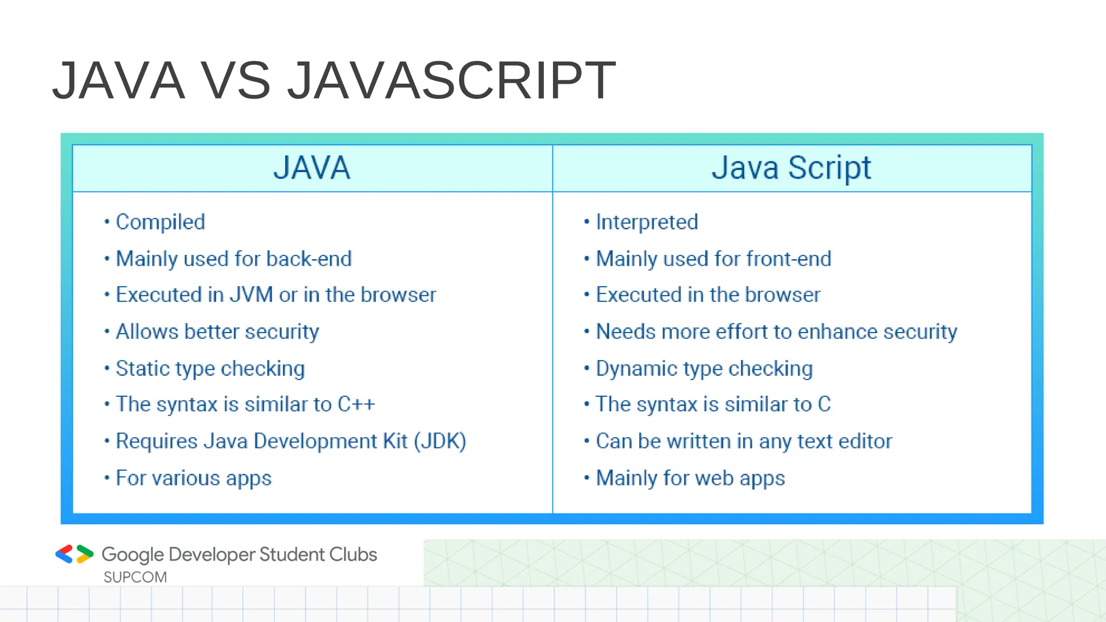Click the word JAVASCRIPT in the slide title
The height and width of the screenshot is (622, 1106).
(451, 81)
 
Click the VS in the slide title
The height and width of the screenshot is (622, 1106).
(236, 81)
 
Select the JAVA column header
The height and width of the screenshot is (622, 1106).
(312, 168)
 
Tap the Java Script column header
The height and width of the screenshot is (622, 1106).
(791, 168)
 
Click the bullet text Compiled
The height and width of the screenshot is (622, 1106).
(160, 222)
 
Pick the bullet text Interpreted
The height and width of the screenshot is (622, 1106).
(647, 222)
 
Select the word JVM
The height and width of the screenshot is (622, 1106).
(251, 295)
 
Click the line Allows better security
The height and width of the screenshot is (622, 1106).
(217, 332)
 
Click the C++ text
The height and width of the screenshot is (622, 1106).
(356, 404)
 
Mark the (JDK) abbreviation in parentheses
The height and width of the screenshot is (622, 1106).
(440, 441)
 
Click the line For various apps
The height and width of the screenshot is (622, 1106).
(193, 478)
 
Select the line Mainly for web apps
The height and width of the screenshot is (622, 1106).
(690, 478)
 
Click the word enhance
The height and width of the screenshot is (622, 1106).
(837, 332)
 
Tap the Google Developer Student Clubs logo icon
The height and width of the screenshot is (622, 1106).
(75, 554)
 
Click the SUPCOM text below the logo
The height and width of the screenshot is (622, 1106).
(135, 577)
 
